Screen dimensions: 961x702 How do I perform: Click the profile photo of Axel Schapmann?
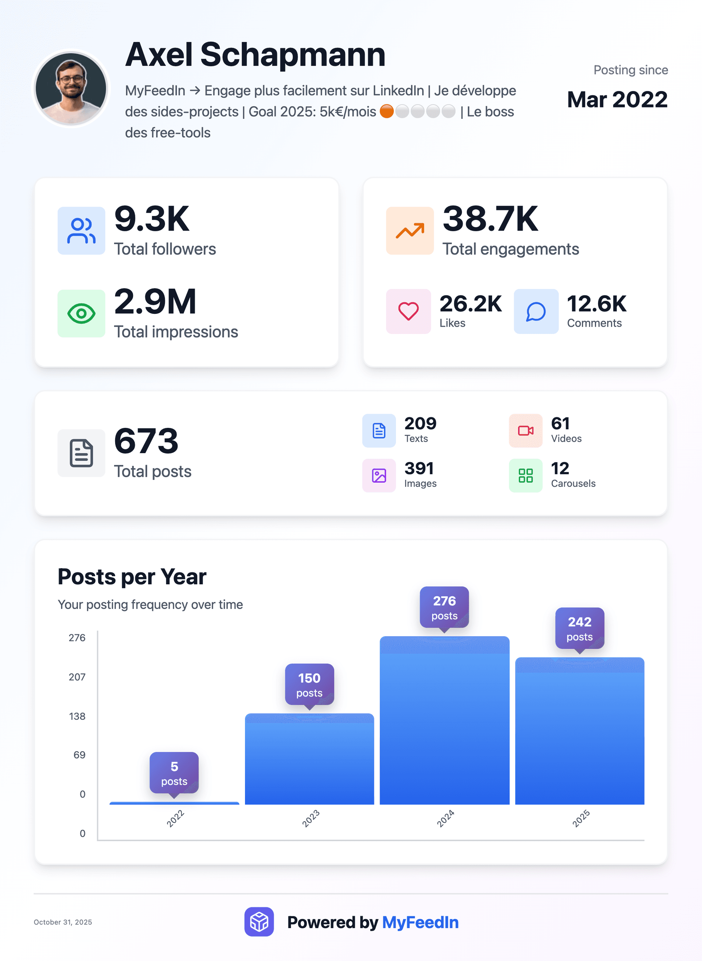click(x=71, y=88)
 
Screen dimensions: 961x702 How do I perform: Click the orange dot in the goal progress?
click(x=386, y=111)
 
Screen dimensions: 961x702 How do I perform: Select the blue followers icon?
click(x=81, y=231)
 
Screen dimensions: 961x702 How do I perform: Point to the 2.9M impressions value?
click(x=155, y=301)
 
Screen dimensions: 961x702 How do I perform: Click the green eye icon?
click(x=81, y=314)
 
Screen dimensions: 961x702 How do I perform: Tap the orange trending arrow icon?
click(x=409, y=231)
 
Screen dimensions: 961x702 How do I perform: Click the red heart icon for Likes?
click(x=408, y=311)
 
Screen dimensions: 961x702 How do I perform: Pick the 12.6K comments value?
click(x=596, y=304)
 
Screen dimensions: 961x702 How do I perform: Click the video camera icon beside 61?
click(x=525, y=430)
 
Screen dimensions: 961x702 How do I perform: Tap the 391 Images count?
click(x=419, y=468)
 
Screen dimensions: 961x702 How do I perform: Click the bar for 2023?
click(x=309, y=760)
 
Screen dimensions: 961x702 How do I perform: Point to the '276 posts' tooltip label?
click(x=444, y=607)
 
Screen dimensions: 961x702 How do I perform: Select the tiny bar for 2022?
click(x=174, y=803)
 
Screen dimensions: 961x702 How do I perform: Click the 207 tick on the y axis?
click(x=77, y=677)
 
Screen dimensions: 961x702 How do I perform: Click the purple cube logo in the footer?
click(x=259, y=922)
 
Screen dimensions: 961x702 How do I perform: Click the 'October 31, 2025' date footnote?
click(x=63, y=922)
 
